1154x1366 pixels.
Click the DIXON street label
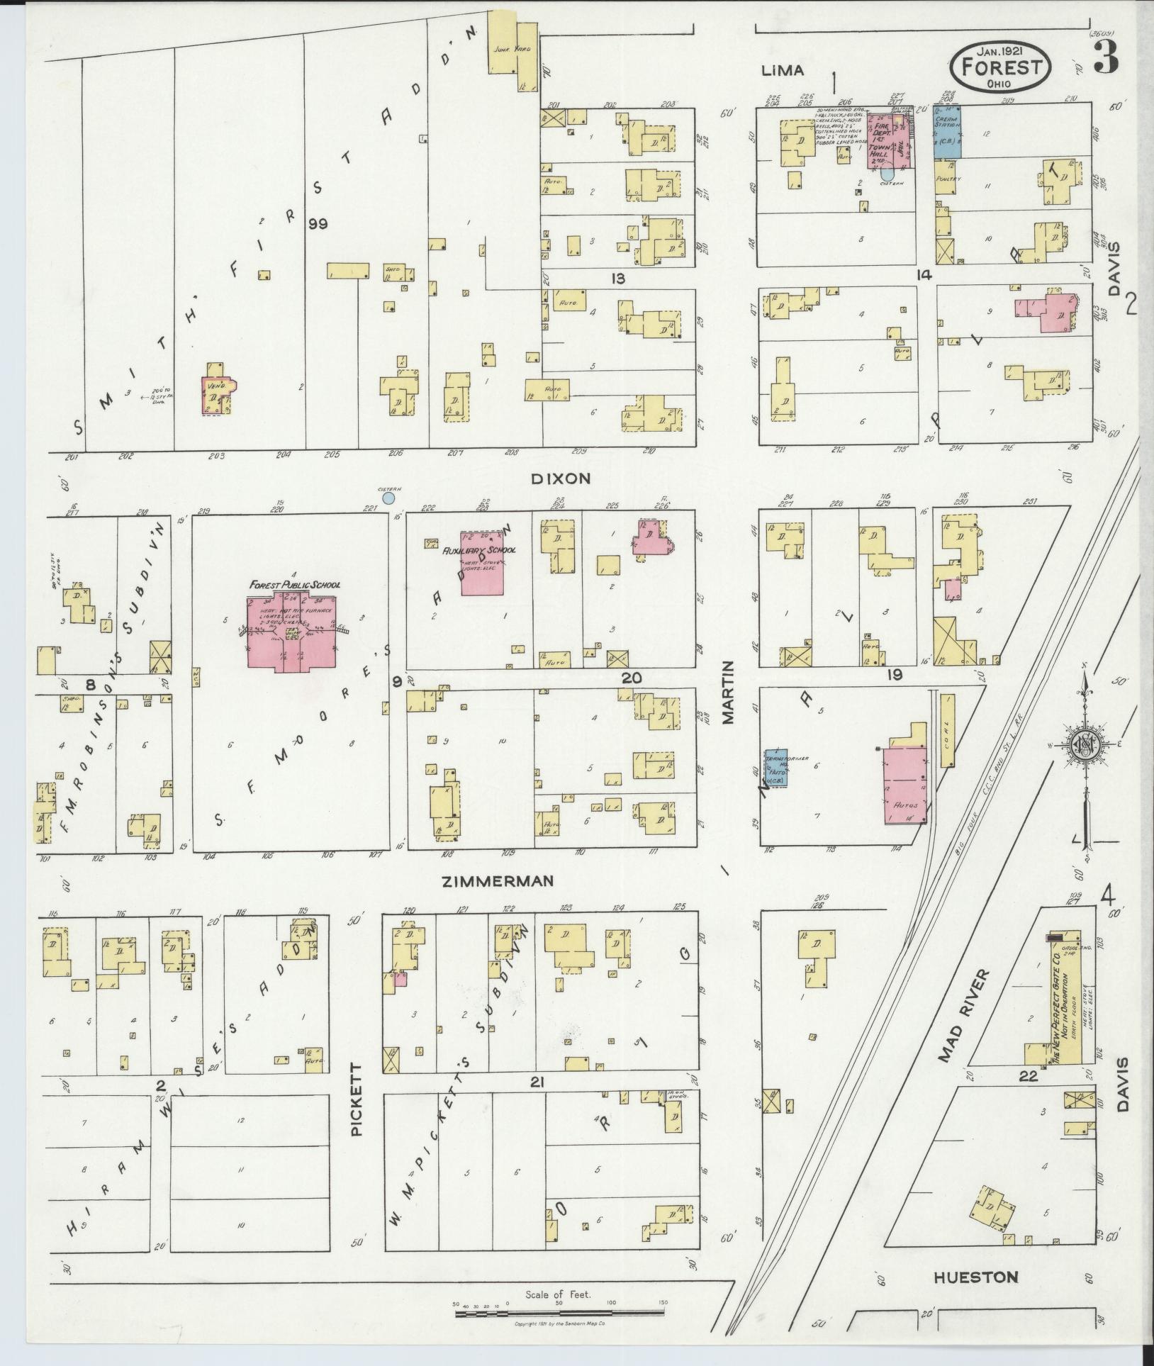click(x=561, y=478)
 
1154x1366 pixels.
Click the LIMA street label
click(x=783, y=70)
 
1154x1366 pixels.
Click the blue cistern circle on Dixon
click(x=388, y=498)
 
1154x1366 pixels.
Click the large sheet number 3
click(x=1106, y=57)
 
